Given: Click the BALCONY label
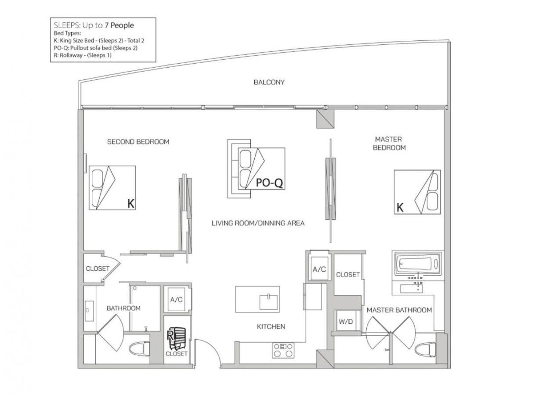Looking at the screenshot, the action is click(x=269, y=83).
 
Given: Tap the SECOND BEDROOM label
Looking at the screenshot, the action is click(x=138, y=142).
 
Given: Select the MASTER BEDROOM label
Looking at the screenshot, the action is click(x=389, y=144).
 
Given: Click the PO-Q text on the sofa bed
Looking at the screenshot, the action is click(x=269, y=183).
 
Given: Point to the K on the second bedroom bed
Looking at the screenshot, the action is click(x=130, y=204).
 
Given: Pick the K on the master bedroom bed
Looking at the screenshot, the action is click(x=400, y=208).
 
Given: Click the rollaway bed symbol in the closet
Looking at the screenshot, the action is click(x=177, y=338).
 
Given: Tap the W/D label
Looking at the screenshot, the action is click(x=346, y=322).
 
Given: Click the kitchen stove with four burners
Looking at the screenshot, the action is click(x=283, y=350).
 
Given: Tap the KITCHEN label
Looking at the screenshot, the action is click(x=271, y=327).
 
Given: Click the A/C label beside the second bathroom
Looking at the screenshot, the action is click(x=176, y=300).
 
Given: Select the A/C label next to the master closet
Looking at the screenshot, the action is click(x=319, y=269).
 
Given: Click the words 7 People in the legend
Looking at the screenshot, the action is click(x=119, y=25).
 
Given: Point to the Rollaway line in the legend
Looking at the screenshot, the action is click(x=83, y=55).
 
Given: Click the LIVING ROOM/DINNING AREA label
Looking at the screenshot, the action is click(x=258, y=223).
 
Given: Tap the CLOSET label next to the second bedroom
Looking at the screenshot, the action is click(x=98, y=269).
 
